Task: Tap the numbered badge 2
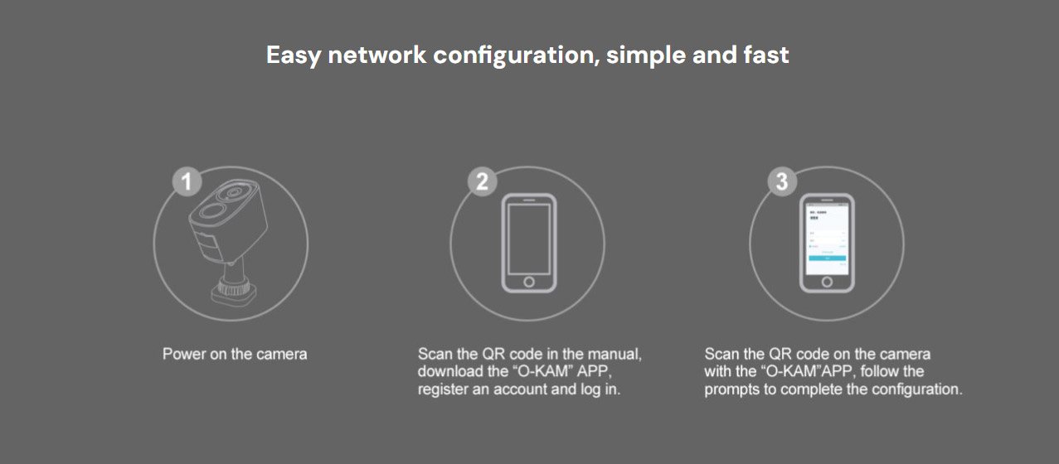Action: point(482,181)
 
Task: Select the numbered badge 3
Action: point(781,181)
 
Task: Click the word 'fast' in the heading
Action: point(765,56)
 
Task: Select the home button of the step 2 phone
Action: point(528,281)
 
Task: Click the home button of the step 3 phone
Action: point(827,281)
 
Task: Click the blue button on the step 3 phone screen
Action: point(827,258)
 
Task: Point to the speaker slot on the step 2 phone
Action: point(528,200)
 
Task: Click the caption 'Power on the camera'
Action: point(235,355)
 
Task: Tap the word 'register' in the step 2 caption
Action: point(442,389)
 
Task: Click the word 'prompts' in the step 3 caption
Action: point(732,389)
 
